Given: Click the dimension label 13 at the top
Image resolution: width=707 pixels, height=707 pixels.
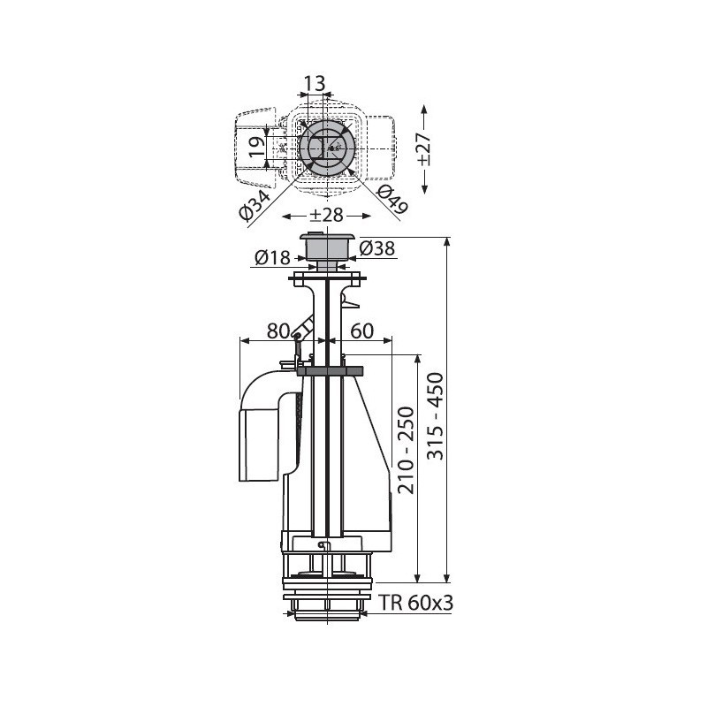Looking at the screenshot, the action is point(315,83).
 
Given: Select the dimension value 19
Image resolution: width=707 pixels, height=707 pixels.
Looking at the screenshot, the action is point(257,147).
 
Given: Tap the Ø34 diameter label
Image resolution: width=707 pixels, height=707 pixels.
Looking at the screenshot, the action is point(255,206).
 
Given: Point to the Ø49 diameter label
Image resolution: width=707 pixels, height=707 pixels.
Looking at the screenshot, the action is point(392,200).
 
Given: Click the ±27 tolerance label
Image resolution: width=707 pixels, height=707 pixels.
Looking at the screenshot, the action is point(424,149).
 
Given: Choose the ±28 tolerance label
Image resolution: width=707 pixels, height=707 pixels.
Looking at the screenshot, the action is point(326,215).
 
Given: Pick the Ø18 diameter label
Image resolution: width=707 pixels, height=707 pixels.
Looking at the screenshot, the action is point(272,257).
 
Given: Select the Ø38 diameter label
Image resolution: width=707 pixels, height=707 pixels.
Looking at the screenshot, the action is point(377,248).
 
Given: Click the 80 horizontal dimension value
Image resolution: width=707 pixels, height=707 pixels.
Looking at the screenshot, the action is point(278,331).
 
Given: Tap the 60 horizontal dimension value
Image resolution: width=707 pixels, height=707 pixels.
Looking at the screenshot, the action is point(362,331).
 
